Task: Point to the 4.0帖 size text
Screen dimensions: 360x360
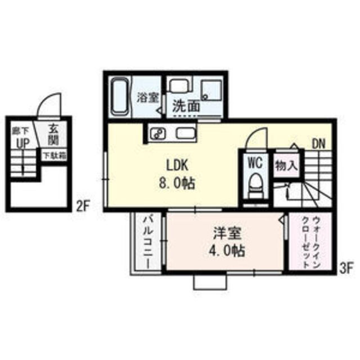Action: click(224, 251)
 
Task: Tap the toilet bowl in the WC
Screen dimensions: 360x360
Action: click(256, 184)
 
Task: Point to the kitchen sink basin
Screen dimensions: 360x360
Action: click(186, 134)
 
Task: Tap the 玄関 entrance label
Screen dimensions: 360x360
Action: click(53, 134)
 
